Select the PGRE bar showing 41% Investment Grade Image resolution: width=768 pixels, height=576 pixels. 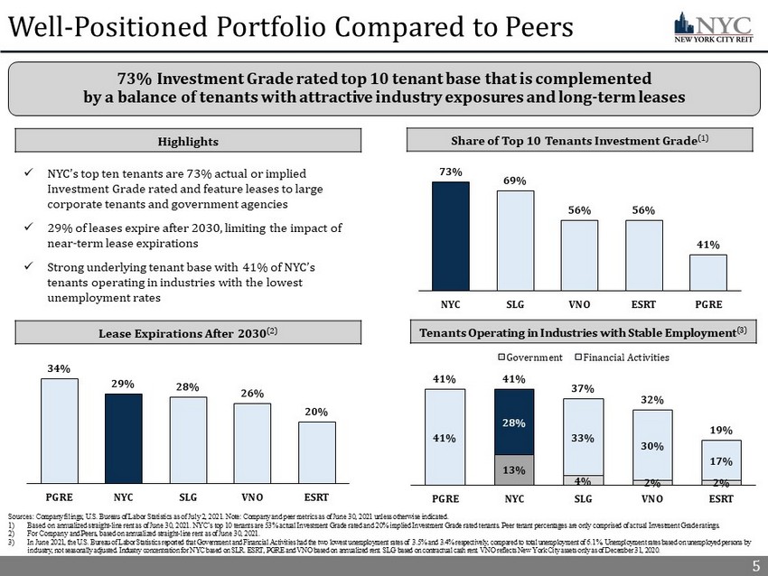tap(708, 271)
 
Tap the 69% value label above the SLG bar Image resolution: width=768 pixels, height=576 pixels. tap(516, 181)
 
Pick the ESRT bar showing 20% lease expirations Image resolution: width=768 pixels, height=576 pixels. tap(316, 451)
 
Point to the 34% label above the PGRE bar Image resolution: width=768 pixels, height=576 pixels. tap(60, 367)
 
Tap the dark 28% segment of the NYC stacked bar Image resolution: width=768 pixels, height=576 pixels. tap(514, 422)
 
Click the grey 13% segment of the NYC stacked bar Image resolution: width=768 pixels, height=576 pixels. tap(514, 469)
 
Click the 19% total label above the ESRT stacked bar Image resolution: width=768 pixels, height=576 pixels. tap(722, 430)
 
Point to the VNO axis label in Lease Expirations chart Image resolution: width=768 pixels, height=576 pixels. tap(252, 497)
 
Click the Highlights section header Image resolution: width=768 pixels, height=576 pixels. tap(188, 142)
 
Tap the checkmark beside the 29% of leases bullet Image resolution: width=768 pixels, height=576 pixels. tap(29, 229)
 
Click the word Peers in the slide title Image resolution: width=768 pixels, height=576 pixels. tap(529, 28)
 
